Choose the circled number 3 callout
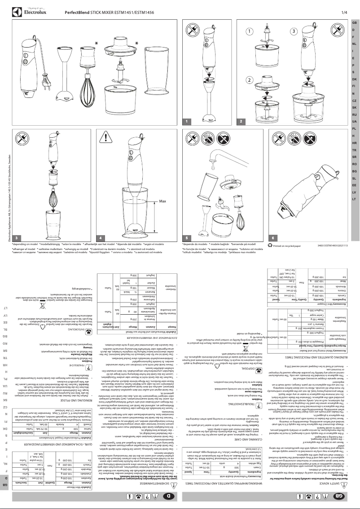coord(294,32)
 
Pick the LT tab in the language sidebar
coord(354,198)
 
